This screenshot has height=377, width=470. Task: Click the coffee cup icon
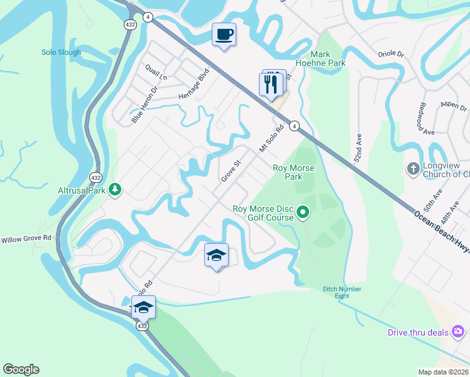[224, 35]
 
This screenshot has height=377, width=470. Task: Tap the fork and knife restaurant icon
[271, 84]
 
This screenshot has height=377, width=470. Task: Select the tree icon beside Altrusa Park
[114, 188]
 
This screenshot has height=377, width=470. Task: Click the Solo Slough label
[61, 53]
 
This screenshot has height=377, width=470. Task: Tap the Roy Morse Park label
[293, 172]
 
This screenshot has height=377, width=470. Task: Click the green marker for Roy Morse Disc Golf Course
[303, 212]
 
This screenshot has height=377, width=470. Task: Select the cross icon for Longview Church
[413, 168]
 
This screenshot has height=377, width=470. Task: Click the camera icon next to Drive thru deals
[459, 331]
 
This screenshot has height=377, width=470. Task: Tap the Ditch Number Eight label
[342, 292]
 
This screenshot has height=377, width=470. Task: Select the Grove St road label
[231, 171]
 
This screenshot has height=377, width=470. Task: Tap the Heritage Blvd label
[193, 84]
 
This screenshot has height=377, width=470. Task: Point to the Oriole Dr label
[390, 53]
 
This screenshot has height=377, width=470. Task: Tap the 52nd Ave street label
[359, 147]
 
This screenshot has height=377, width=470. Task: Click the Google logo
[21, 369]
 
